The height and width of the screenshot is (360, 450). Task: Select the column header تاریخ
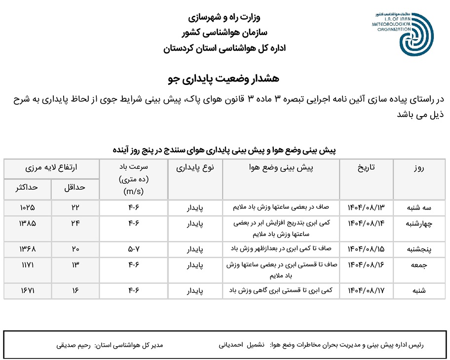pyautogui.click(x=366, y=167)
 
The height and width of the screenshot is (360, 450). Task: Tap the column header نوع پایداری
pyautogui.click(x=195, y=167)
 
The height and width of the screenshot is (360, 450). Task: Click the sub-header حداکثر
pyautogui.click(x=27, y=188)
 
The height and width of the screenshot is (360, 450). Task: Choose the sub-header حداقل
pyautogui.click(x=75, y=188)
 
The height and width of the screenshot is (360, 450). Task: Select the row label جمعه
pyautogui.click(x=419, y=265)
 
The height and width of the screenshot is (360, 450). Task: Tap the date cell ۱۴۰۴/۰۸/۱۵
pyautogui.click(x=366, y=248)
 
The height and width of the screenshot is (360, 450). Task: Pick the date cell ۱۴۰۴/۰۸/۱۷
pyautogui.click(x=366, y=291)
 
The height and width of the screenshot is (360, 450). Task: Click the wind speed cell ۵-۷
pyautogui.click(x=134, y=248)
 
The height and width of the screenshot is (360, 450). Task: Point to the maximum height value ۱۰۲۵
pyautogui.click(x=27, y=207)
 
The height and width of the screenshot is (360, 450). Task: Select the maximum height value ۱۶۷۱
pyautogui.click(x=27, y=291)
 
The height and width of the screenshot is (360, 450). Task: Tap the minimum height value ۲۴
pyautogui.click(x=75, y=223)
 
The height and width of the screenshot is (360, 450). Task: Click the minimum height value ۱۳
pyautogui.click(x=75, y=265)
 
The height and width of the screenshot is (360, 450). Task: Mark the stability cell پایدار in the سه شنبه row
pyautogui.click(x=195, y=207)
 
